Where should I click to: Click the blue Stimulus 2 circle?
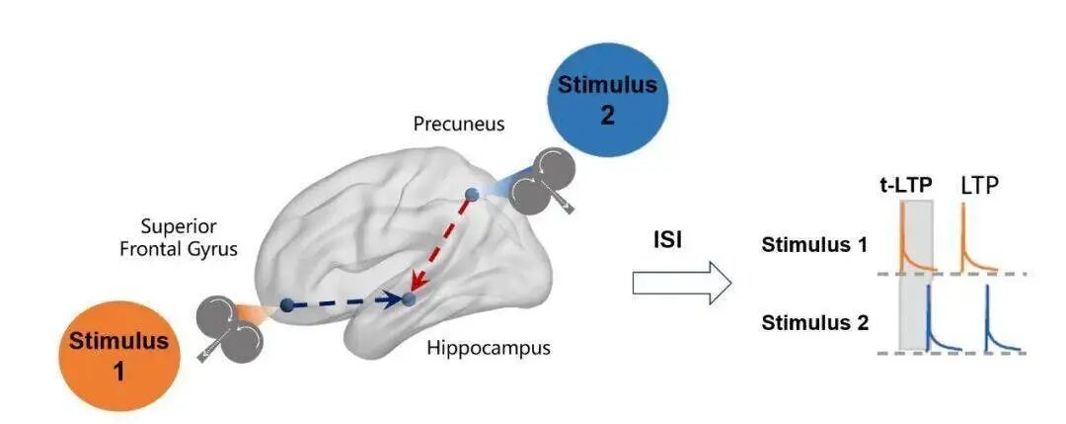(x=606, y=99)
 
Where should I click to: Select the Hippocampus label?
(x=489, y=348)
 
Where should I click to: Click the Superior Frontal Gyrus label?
(x=179, y=238)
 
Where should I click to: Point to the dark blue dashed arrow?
(x=345, y=302)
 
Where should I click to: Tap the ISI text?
(x=668, y=240)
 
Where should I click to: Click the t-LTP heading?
(x=905, y=184)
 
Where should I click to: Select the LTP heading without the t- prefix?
(x=980, y=184)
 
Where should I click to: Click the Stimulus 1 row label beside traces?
(x=814, y=245)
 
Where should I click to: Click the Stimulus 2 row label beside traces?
(x=814, y=321)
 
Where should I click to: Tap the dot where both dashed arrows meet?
(x=408, y=297)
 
